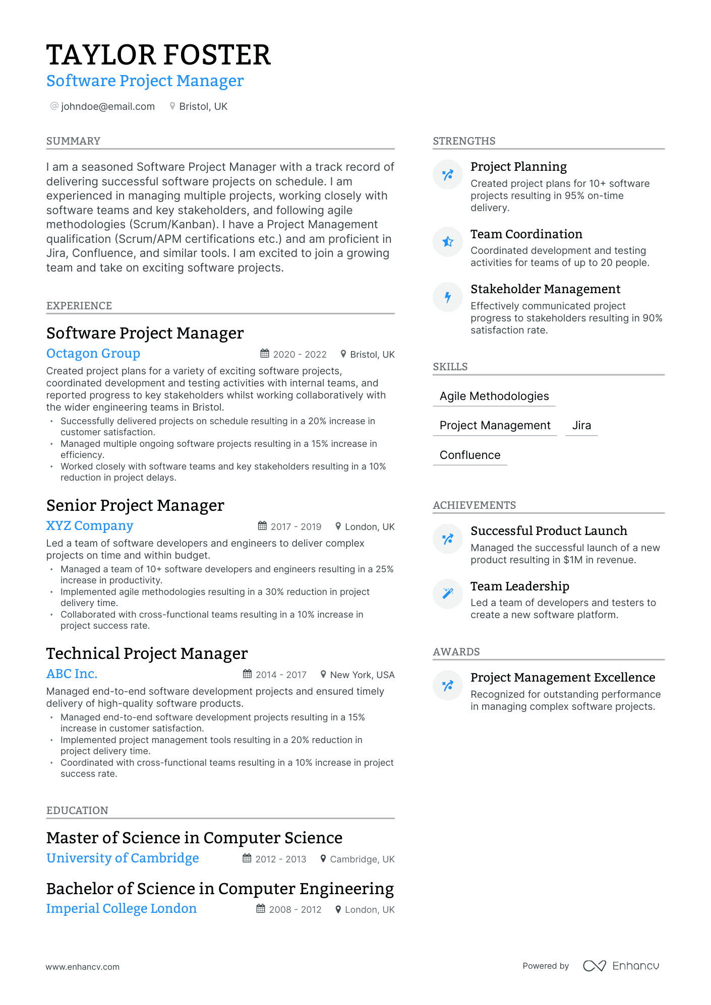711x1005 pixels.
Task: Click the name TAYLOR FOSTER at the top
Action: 158,55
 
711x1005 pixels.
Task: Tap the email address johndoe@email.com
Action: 107,106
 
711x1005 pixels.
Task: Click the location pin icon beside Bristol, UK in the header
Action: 172,106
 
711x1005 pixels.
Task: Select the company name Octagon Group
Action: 93,353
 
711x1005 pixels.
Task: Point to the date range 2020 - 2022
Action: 300,354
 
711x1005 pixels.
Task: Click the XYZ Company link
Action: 90,525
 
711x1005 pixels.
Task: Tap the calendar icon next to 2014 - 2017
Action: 247,674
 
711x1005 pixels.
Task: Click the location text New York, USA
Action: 362,675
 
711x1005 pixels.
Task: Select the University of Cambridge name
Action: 123,858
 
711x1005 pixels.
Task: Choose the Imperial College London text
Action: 122,908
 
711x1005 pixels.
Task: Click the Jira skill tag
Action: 581,425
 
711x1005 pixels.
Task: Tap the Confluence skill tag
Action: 470,455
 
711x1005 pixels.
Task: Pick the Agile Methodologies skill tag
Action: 494,396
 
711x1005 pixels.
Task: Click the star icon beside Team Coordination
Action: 448,242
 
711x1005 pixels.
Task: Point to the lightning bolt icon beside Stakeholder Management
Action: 448,297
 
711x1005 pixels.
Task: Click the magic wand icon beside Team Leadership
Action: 448,593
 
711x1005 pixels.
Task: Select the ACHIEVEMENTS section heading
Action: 474,505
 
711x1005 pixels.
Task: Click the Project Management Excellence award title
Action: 563,677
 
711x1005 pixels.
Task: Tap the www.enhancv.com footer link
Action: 83,967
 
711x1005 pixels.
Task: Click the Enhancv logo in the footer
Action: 621,966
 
